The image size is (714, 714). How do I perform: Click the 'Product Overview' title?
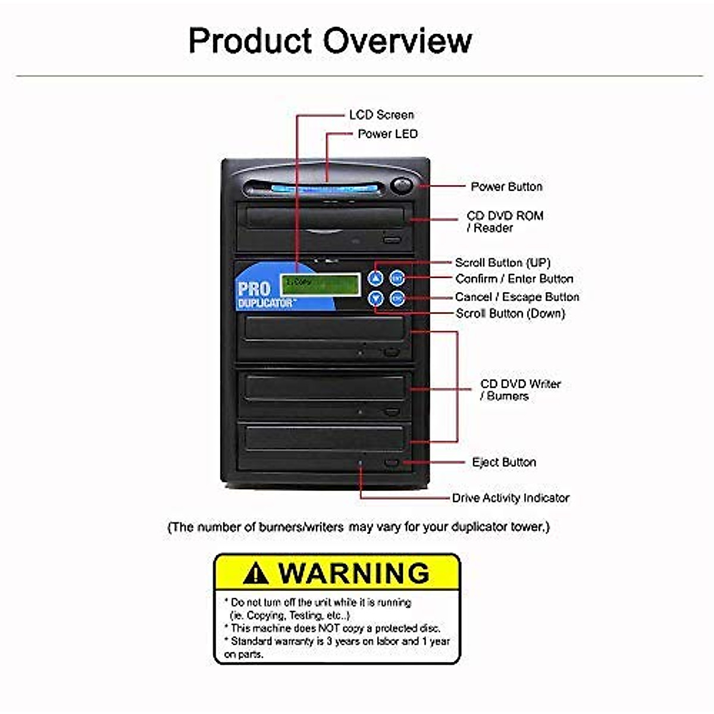[330, 40]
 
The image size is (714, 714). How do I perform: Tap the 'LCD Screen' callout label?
[381, 115]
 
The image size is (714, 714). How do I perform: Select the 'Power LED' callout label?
[387, 134]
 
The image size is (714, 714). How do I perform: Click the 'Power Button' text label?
[506, 187]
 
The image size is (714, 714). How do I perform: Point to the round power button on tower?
[403, 185]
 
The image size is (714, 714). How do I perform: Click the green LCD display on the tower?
[320, 284]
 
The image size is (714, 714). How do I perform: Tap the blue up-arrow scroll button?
[375, 278]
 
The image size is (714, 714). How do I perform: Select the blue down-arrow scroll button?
[375, 298]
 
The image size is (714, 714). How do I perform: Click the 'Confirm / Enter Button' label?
[514, 279]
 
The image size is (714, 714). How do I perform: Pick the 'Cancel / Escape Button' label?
[516, 297]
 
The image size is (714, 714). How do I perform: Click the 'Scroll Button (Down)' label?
[510, 314]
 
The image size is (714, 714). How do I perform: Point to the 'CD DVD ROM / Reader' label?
[505, 221]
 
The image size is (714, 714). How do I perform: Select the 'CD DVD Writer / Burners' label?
[519, 390]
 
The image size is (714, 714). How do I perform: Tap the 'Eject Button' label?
[503, 462]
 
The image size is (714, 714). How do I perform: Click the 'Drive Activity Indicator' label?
[510, 498]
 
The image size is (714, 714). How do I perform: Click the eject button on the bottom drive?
[391, 462]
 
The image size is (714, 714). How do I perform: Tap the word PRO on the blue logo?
[254, 290]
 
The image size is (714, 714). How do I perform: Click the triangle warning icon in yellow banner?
[256, 574]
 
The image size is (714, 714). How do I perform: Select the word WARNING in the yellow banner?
[353, 573]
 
